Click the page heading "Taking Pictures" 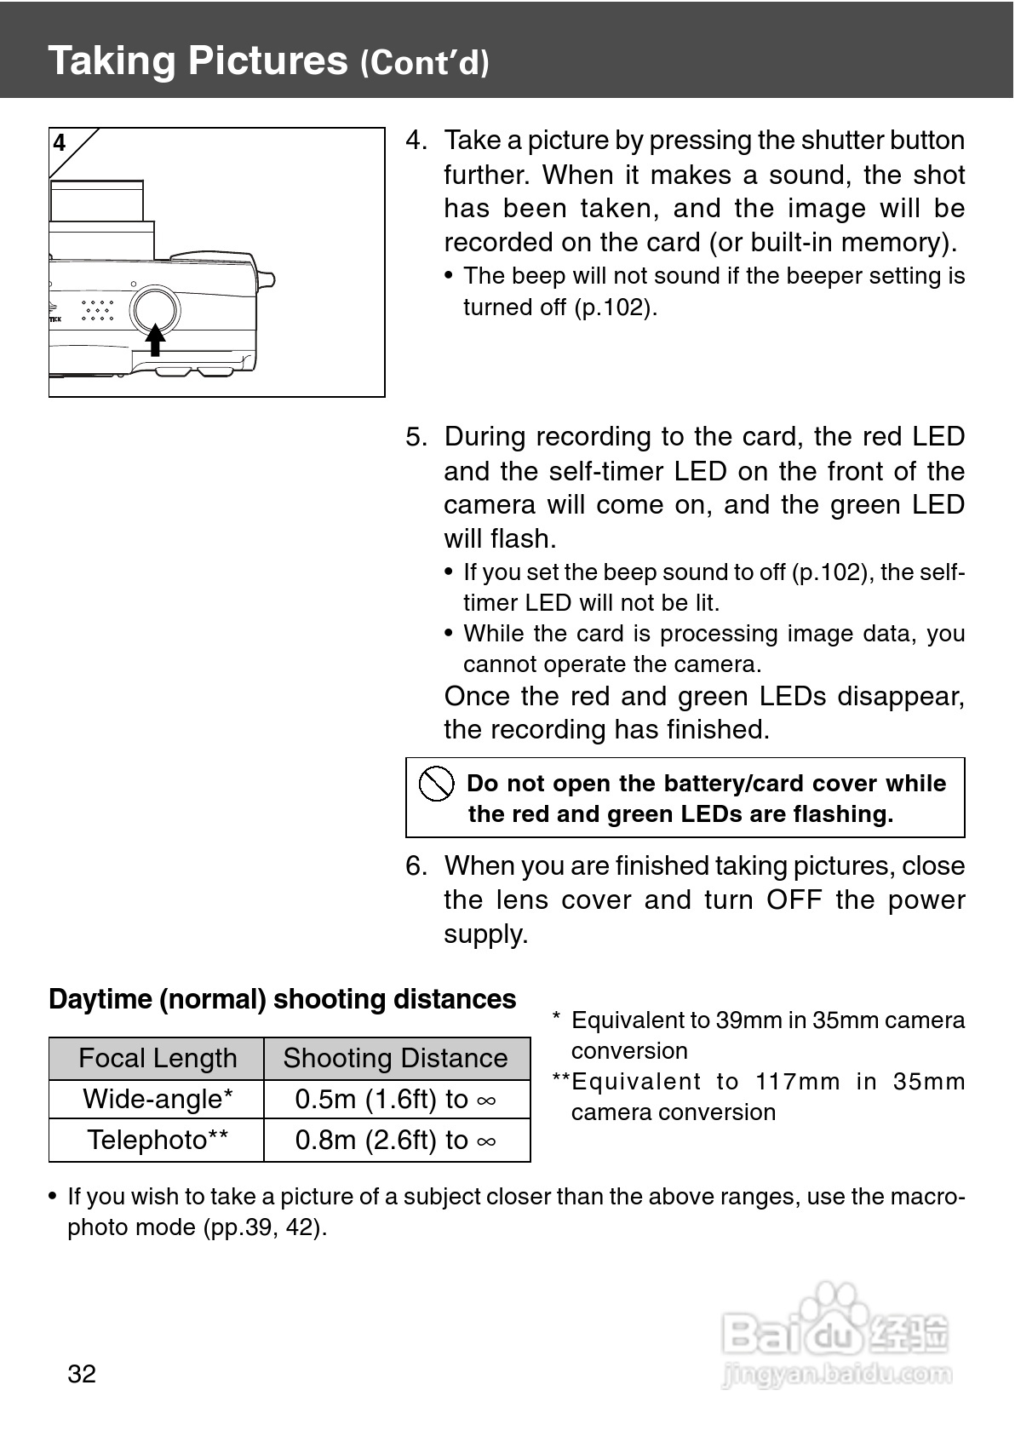[198, 60]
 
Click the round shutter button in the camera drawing [155, 309]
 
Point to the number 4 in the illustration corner [60, 143]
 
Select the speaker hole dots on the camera [98, 310]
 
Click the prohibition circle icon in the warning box [436, 783]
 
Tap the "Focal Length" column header [158, 1058]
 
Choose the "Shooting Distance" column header [396, 1058]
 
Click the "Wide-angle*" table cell [158, 1099]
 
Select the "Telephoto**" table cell [158, 1140]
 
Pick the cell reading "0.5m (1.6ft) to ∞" [396, 1099]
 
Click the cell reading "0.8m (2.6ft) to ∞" [396, 1140]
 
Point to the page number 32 [82, 1373]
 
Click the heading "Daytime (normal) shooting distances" [282, 998]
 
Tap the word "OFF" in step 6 [794, 899]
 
